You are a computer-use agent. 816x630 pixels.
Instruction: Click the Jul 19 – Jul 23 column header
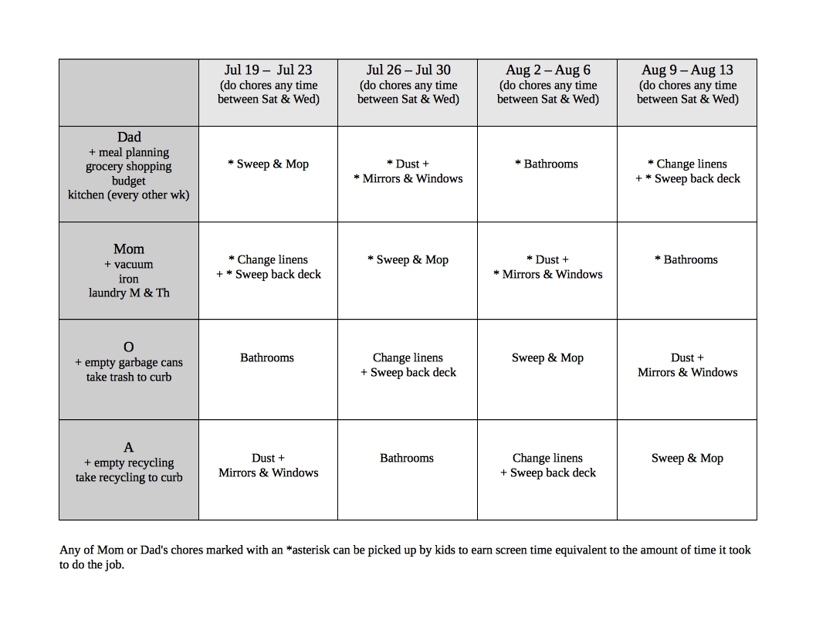click(268, 70)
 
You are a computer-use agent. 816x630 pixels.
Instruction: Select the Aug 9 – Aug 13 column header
click(687, 70)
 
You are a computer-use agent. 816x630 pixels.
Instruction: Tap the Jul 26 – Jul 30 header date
click(408, 70)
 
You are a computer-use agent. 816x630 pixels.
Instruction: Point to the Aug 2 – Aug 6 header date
click(547, 70)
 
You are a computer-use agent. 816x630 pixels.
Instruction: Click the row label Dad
click(129, 137)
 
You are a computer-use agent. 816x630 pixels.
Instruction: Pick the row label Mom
click(129, 249)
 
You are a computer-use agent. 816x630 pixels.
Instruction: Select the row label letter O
click(129, 347)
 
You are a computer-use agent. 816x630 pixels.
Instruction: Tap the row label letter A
click(129, 447)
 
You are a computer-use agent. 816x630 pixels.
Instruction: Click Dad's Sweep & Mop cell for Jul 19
click(268, 164)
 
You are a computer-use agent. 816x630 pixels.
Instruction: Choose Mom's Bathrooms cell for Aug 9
click(686, 260)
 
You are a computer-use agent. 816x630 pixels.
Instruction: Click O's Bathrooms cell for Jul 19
click(267, 358)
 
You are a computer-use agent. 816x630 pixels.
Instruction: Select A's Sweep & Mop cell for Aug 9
click(687, 459)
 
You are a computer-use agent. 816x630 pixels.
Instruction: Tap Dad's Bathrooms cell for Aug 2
click(547, 164)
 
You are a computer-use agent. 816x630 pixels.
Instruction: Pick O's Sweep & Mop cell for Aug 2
click(547, 358)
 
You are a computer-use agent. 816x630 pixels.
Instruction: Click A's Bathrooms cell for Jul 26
click(407, 459)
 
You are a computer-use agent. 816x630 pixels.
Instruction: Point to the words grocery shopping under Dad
click(129, 167)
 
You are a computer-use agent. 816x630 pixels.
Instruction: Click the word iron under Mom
click(129, 279)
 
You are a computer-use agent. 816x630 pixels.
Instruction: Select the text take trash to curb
click(129, 378)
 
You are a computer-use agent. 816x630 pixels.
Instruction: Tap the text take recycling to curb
click(129, 478)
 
